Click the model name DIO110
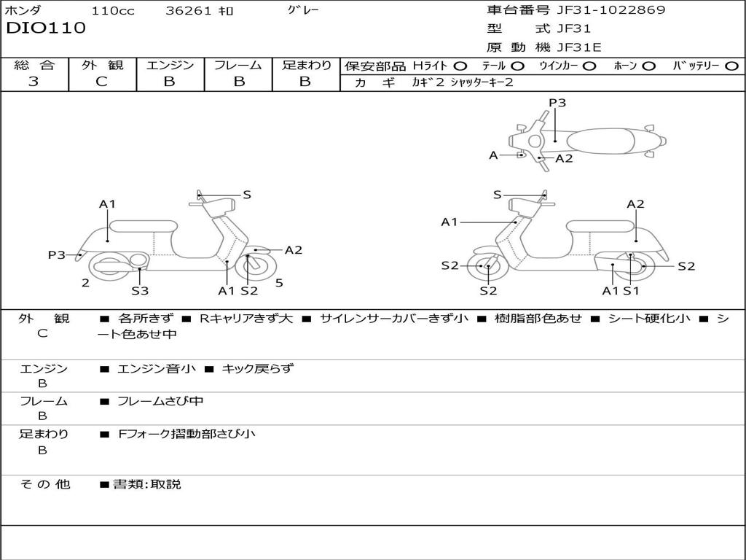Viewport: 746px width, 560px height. coord(46,28)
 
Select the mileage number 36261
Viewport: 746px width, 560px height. coord(189,11)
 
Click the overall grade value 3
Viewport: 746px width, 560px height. coord(34,82)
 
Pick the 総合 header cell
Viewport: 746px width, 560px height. coord(34,65)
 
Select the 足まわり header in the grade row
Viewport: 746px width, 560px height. coord(306,65)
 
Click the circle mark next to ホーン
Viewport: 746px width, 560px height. coord(649,66)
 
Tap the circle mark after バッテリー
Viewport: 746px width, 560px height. coord(732,66)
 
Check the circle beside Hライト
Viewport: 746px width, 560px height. coord(460,66)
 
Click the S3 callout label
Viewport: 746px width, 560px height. coord(140,291)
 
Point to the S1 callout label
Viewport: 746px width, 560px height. coord(631,291)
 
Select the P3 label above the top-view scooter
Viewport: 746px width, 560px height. coord(557,103)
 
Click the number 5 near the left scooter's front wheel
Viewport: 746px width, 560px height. coord(279,283)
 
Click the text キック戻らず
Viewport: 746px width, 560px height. coord(257,369)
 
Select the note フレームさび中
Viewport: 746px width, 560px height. coord(160,401)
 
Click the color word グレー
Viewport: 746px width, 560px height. coord(303,10)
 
